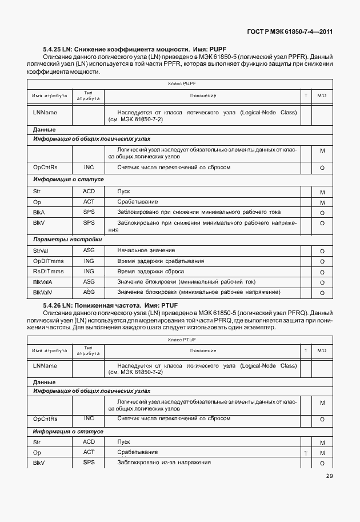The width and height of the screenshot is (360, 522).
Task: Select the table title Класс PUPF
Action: (x=182, y=83)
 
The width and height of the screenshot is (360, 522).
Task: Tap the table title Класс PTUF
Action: (x=182, y=339)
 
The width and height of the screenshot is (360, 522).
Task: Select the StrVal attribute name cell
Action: (x=40, y=250)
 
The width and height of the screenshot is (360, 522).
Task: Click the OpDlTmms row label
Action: (x=45, y=261)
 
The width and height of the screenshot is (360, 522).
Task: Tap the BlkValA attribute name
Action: (x=43, y=282)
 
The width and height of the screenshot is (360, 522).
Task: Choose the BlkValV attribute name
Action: (x=43, y=293)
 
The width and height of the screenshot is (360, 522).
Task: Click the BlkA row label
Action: (x=39, y=213)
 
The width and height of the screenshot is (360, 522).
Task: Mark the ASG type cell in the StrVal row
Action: (x=89, y=250)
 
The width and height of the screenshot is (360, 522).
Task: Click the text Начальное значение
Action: (x=146, y=250)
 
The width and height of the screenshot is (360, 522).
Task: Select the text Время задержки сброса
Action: (x=150, y=272)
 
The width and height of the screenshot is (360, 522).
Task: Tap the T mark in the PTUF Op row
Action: (x=306, y=453)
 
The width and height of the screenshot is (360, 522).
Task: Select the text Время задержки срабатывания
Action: (x=161, y=261)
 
